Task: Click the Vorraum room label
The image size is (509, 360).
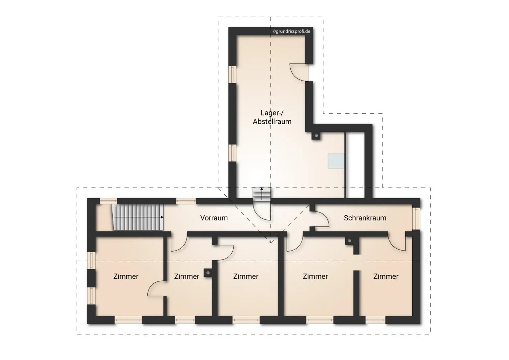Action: coord(214,218)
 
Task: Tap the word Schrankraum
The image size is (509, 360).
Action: coord(365,218)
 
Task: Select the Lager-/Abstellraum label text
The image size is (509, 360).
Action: coord(272,117)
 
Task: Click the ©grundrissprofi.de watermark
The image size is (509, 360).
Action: coord(291,31)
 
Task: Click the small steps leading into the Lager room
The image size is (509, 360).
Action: coord(262,194)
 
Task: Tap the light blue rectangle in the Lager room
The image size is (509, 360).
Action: coord(336,161)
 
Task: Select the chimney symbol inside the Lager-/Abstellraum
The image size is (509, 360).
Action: coord(316,136)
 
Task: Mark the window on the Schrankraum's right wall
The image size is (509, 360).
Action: coord(417,218)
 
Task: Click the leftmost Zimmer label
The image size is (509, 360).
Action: coord(126,276)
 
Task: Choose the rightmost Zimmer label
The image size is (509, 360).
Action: coord(386,276)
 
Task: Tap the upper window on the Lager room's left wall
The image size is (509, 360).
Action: coord(233,75)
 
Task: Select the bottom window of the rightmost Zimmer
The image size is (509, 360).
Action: coord(375,320)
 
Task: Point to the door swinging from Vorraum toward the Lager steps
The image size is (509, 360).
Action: coord(262,211)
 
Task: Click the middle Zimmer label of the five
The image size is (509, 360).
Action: coord(246,276)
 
